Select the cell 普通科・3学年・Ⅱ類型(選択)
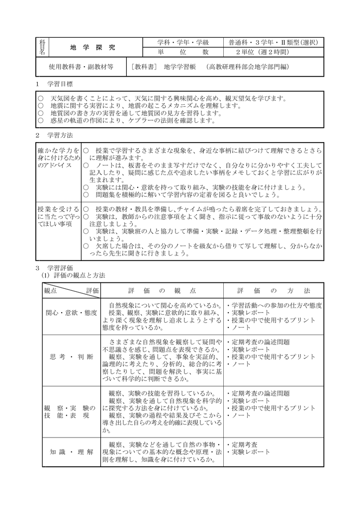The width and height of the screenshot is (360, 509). [273, 42]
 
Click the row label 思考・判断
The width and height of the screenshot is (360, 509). [71, 357]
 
